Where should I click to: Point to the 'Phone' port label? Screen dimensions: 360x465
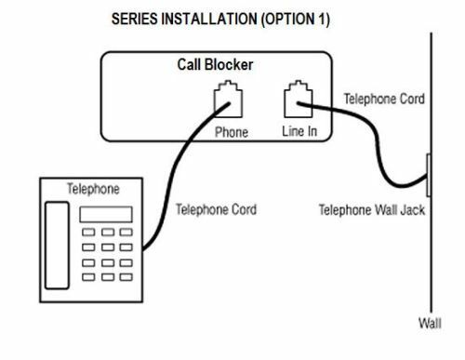coord(232,132)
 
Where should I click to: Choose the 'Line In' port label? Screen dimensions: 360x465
coord(299,131)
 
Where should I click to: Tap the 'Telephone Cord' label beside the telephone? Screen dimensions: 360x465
coord(216,209)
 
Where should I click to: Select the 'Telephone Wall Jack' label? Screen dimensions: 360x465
coord(371,209)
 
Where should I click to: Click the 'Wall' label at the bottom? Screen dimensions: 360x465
coord(430,324)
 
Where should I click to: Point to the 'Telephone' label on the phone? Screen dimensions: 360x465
coord(93,189)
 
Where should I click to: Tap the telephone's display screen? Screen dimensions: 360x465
coord(105,214)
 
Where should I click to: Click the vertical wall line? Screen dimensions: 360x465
coord(430,260)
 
